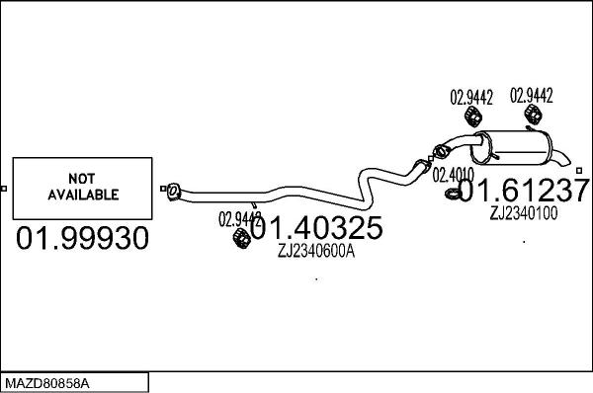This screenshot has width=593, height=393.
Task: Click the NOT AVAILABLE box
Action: point(84,188)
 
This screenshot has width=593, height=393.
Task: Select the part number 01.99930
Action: point(83,238)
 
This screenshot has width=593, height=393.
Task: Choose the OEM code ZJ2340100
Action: point(523,212)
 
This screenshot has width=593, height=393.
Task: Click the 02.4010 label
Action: point(451,175)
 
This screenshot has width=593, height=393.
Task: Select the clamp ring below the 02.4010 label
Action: point(451,194)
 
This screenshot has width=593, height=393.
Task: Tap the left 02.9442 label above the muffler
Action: point(471,98)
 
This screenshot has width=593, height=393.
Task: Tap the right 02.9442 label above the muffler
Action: point(531,96)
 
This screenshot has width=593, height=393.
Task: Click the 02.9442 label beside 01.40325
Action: point(238,218)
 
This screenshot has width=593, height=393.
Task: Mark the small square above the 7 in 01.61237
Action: point(579,170)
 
